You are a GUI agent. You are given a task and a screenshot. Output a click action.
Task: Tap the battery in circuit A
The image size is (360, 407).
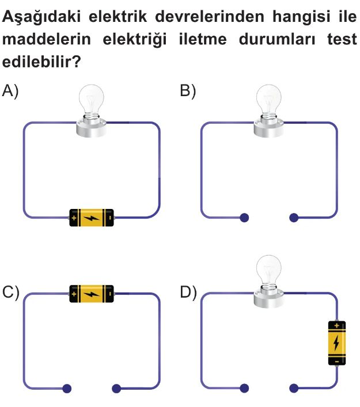(92, 217)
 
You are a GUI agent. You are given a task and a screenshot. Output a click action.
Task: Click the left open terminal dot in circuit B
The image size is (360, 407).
(244, 218)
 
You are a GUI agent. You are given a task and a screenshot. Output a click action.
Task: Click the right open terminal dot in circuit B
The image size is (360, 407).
(294, 218)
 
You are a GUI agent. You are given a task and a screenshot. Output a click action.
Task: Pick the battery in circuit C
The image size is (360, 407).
(92, 294)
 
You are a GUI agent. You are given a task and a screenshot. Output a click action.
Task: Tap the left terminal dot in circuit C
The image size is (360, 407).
(67, 389)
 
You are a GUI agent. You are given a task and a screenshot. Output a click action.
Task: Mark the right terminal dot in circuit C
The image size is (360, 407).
(117, 389)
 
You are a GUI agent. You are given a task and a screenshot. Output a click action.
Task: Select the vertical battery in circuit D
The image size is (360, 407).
(337, 343)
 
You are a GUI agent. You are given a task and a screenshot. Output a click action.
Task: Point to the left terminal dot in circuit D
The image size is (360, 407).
(244, 389)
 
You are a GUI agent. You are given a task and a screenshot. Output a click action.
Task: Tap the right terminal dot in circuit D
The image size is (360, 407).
(294, 389)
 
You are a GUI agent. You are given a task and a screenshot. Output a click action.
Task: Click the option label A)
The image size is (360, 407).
(11, 90)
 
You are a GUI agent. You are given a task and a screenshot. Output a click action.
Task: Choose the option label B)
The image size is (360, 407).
(188, 90)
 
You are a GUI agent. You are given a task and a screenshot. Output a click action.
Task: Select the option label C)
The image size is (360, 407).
(11, 292)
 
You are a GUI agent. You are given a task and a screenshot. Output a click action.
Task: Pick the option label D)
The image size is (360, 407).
(188, 292)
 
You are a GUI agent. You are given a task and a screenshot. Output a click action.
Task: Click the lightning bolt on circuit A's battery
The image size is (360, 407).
(91, 218)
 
